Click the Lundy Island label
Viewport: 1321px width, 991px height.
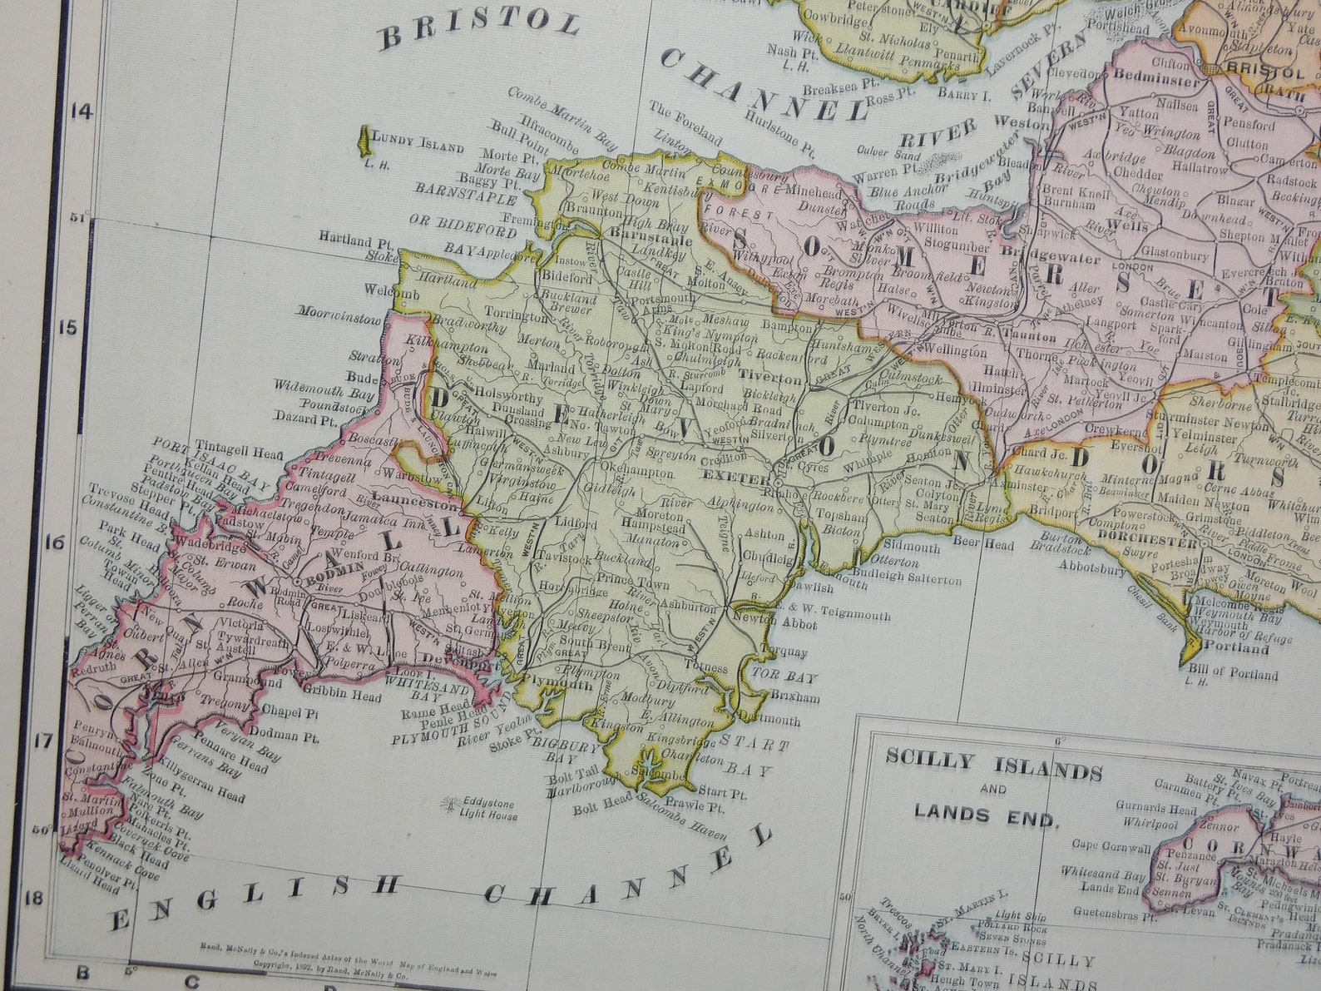[418, 146]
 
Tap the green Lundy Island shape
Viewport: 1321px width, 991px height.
[364, 140]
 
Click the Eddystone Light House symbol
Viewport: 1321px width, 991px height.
[451, 805]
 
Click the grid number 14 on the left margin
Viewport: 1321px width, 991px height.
[81, 111]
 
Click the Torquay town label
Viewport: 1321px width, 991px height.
[784, 652]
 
